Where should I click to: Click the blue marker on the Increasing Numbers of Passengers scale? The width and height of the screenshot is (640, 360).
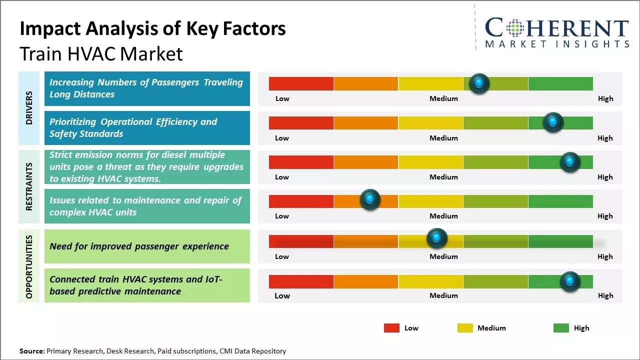[x=479, y=83]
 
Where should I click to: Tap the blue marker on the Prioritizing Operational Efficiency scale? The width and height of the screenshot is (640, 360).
[x=553, y=122]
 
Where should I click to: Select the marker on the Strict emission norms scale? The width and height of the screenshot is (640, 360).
[x=569, y=162]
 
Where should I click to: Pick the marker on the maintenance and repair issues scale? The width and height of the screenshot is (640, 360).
[x=370, y=199]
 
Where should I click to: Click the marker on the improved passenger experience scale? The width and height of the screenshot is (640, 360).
[x=437, y=238]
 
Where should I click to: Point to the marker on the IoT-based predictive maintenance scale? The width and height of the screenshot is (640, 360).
[x=569, y=281]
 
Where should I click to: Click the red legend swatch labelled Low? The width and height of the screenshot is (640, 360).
[x=391, y=328]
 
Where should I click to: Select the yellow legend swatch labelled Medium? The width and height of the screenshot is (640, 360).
[x=465, y=328]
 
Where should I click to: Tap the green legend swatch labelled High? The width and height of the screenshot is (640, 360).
[x=561, y=328]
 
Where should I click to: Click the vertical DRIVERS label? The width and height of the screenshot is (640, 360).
[x=29, y=108]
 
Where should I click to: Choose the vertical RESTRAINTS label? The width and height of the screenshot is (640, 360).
[x=29, y=186]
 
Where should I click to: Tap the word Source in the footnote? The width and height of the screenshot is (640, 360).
[x=32, y=351]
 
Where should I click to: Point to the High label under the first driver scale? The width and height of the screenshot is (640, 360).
[x=605, y=98]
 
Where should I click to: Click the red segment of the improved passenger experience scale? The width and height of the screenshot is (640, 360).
[x=301, y=241]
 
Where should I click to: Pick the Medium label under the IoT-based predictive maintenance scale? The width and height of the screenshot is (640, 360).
[x=443, y=295]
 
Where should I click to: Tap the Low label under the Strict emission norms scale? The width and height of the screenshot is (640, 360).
[x=282, y=177]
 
